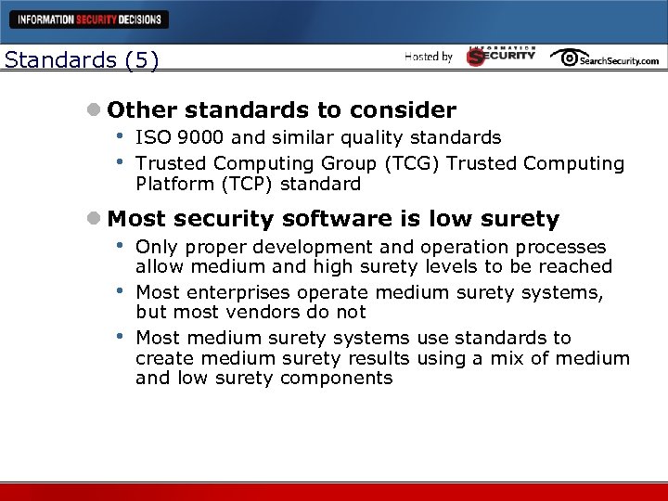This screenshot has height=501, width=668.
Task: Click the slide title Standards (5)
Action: point(82,60)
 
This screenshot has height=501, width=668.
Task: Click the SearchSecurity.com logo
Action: point(604,58)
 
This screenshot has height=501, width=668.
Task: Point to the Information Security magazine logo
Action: point(501,56)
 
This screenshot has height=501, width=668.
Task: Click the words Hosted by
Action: point(428,58)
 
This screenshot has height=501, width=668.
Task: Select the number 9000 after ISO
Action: point(194,138)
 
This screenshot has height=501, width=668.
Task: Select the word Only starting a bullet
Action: point(155,247)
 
